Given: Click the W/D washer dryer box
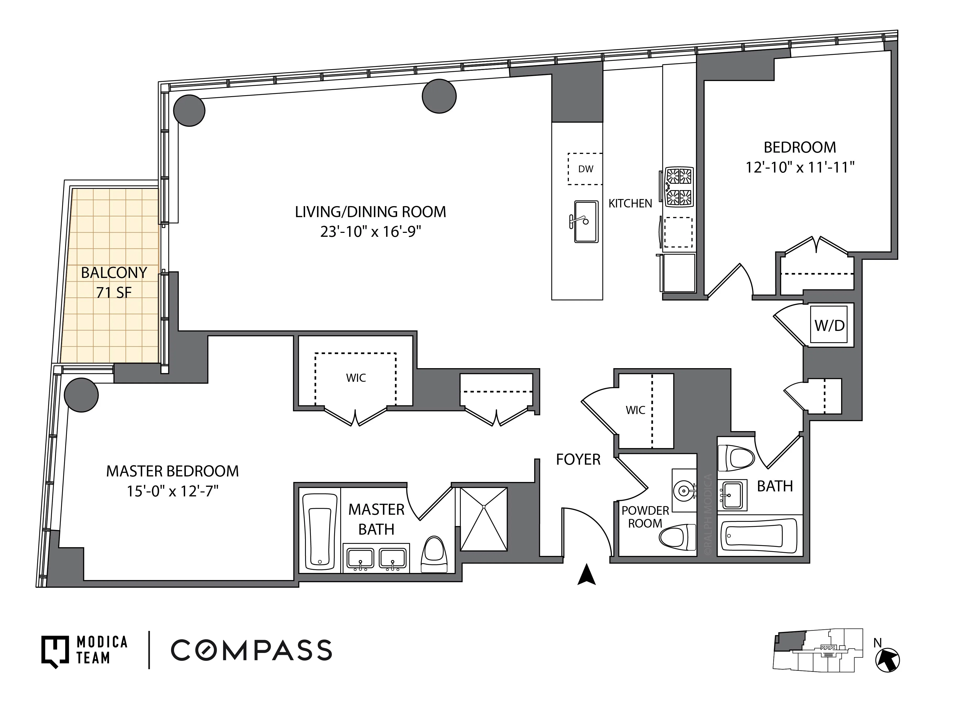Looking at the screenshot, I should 829,325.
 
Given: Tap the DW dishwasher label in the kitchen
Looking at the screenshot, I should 585,169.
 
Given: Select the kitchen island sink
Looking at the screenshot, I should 586,222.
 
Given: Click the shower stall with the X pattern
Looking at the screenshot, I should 484,519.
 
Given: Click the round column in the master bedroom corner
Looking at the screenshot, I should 81,395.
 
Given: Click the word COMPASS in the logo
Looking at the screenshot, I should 251,650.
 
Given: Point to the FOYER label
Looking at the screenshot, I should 578,459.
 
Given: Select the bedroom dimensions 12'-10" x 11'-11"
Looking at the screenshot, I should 799,167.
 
